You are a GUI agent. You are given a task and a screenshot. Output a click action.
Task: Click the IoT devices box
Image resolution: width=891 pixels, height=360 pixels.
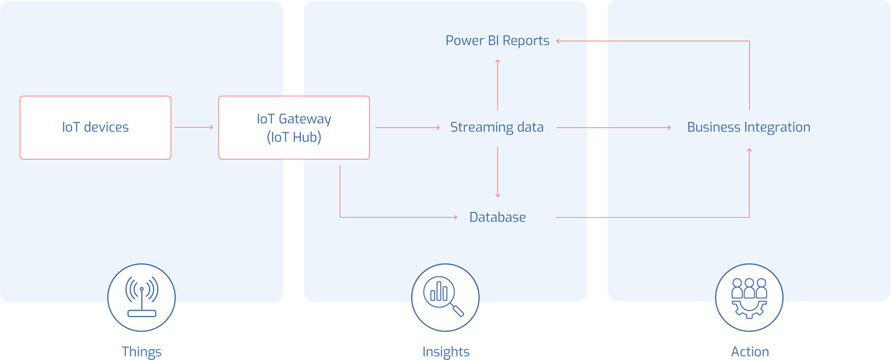95,128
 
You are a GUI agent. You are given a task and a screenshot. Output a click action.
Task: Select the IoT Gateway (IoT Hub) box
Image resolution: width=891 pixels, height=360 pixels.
294,128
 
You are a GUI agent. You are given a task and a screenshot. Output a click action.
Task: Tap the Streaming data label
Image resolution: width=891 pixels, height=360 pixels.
496,127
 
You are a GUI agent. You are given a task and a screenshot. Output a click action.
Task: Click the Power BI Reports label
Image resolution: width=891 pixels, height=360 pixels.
497,40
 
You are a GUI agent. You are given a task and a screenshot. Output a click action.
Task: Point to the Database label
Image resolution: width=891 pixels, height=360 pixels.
497,217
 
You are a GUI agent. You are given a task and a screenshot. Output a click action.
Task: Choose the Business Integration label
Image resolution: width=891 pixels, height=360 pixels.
748,127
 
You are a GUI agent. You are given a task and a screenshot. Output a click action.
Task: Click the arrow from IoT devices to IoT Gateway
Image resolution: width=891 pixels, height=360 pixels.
194,127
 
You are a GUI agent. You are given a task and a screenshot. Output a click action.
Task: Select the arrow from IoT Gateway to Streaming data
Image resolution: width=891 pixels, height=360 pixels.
407,127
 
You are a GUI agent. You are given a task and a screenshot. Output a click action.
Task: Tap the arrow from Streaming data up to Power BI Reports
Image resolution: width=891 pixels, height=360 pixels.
498,84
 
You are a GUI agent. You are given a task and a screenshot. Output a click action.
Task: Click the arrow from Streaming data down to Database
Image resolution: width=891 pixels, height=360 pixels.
498,172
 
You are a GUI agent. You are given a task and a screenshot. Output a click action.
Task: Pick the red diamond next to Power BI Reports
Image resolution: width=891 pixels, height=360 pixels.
597,41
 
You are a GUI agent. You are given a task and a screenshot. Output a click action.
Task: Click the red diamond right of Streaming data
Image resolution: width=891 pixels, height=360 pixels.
597,127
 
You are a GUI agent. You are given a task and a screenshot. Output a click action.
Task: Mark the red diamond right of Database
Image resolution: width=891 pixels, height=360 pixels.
597,217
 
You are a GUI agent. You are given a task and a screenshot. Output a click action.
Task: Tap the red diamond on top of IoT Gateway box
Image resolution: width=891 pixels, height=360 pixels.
293,91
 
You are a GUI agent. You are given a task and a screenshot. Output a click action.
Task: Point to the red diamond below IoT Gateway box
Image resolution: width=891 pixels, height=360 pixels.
293,164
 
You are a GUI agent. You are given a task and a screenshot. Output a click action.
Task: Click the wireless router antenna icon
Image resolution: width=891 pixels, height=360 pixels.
142,297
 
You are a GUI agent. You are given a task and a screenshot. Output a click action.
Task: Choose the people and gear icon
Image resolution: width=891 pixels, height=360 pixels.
749,297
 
